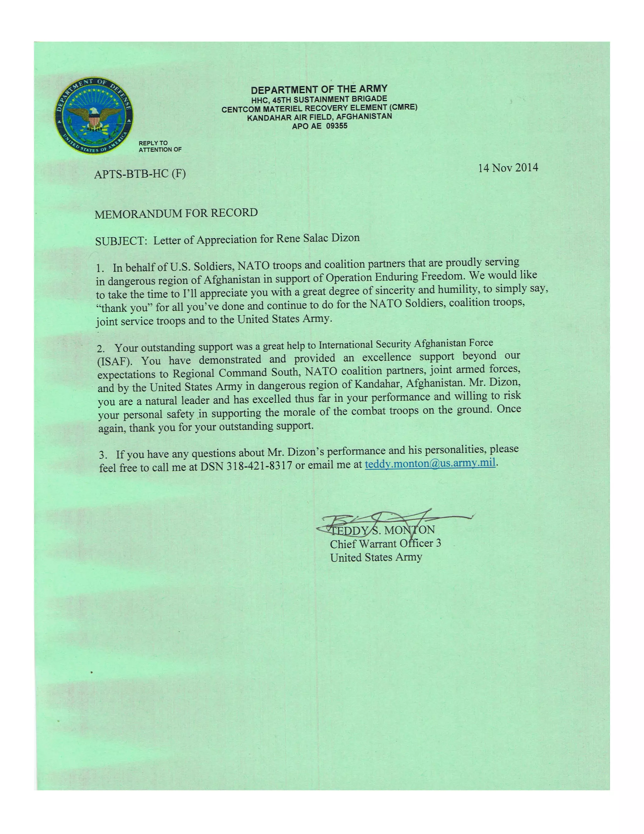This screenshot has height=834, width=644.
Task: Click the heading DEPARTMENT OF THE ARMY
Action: (319, 90)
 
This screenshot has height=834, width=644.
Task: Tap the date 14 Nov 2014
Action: (508, 168)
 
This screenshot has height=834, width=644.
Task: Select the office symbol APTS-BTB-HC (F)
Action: (140, 174)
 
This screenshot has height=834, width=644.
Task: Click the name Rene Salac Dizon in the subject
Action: (318, 239)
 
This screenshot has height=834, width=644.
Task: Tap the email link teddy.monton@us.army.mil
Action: (430, 464)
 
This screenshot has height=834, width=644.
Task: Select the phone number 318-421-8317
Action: (259, 466)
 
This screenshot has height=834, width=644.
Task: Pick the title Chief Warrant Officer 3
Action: (385, 544)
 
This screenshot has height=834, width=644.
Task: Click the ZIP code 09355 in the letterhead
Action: (336, 126)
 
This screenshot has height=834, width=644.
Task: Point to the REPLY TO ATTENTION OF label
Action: (160, 146)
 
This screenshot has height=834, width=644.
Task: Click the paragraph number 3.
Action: (103, 455)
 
